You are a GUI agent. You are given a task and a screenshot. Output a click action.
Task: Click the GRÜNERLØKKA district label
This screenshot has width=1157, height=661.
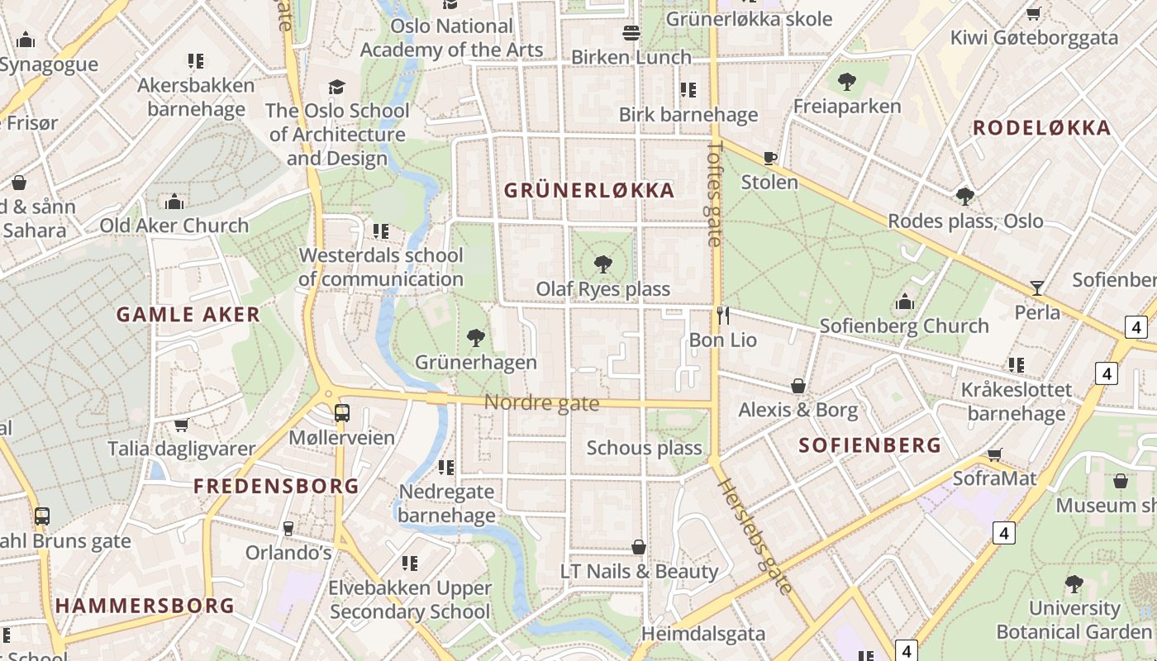589,191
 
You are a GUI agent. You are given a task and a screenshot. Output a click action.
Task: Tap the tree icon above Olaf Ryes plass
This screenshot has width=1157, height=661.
603,264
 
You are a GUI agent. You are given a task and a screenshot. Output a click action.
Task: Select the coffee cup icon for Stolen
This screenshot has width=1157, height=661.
770,158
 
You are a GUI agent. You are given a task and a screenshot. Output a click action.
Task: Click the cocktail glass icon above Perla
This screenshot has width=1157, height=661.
1037,288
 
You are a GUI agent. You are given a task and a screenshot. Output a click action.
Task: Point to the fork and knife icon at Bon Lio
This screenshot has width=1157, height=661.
723,315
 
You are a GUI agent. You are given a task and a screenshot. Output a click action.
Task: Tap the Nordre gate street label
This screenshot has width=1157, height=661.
541,403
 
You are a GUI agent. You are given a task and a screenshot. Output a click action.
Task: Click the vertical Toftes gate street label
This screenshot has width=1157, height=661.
715,193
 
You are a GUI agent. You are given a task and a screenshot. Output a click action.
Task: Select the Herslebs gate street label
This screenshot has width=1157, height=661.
755,535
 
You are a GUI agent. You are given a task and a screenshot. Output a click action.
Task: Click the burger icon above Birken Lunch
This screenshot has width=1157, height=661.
631,33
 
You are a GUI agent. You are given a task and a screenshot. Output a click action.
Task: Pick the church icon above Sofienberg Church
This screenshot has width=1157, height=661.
905,302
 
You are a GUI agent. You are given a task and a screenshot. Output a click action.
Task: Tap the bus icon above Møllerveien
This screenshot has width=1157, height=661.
341,412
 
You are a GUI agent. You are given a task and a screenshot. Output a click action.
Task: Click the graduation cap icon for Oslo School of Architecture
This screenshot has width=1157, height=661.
336,87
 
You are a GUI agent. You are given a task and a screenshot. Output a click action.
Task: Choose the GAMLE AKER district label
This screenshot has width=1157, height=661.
188,315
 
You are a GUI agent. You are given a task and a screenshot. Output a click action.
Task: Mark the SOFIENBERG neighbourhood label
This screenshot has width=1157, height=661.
870,445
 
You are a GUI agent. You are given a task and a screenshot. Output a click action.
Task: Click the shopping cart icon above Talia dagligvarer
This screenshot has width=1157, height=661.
181,425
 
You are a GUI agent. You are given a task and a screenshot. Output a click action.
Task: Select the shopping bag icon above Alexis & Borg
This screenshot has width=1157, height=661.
798,386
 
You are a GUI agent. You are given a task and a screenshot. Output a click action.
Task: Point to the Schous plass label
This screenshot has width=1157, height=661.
644,448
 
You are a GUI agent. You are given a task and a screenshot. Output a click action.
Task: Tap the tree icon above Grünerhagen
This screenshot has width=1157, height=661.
475,337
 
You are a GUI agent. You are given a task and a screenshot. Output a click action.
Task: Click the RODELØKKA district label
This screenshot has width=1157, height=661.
1041,128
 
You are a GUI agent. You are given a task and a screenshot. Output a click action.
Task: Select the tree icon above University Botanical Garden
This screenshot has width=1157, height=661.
1074,584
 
